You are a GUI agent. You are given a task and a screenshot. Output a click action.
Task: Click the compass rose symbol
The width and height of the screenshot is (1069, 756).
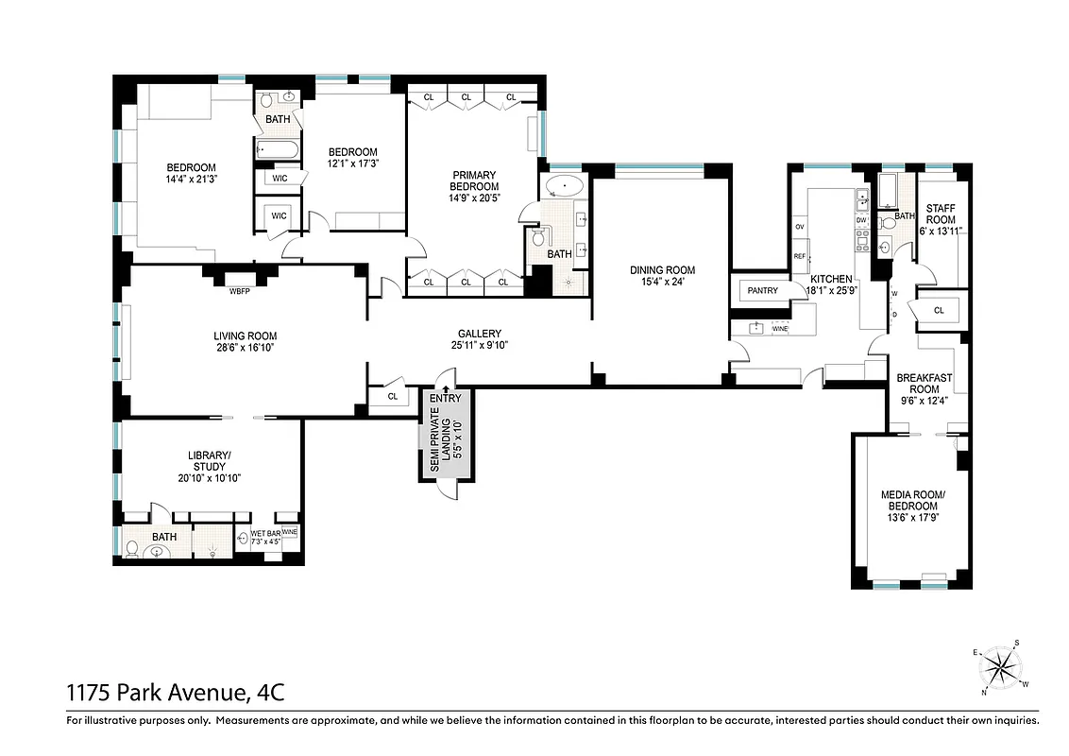1000,669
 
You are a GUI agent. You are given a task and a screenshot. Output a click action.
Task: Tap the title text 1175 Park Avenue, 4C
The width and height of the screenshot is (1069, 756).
175,694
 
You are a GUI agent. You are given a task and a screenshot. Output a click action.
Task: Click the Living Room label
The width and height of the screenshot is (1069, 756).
245,335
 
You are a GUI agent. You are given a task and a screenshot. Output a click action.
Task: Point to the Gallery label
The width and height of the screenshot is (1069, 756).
479,334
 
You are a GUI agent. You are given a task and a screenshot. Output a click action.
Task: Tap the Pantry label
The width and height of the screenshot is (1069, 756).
762,290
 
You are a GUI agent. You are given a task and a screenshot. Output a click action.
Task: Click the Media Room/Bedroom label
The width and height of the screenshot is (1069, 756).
912,501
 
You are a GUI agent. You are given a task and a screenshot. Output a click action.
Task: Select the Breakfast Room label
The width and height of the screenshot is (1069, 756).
924,383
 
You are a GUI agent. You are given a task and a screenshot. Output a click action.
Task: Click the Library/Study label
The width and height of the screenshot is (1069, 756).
209,460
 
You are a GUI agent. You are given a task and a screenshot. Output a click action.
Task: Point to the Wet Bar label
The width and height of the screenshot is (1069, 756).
263,534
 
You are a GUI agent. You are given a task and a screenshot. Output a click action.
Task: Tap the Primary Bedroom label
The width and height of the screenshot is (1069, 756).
475,180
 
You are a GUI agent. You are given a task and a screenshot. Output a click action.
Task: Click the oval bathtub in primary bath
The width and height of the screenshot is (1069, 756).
565,186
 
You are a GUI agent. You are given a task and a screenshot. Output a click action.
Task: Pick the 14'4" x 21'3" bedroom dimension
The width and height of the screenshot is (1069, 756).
192,179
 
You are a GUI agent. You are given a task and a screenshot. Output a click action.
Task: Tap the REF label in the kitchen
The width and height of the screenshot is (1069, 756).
800,256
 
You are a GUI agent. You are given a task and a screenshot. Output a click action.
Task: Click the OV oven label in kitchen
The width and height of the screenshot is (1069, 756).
800,227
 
